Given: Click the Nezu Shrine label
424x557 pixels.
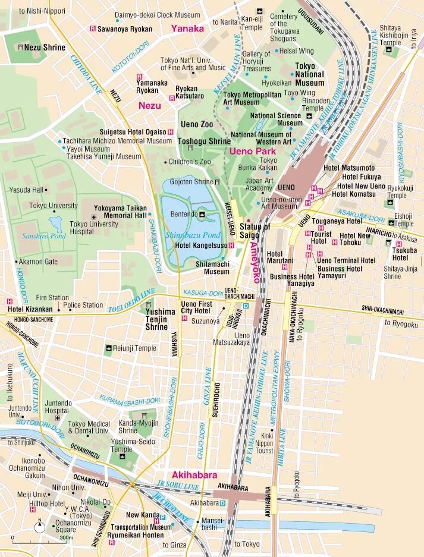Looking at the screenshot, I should (45, 47).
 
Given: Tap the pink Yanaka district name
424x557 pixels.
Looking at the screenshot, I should (187, 28).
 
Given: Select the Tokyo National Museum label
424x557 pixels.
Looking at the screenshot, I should (310, 74).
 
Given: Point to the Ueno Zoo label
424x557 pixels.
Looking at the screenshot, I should (197, 124).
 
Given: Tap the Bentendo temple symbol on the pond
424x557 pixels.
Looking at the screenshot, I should (202, 213).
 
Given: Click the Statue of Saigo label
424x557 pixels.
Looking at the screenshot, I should (255, 231).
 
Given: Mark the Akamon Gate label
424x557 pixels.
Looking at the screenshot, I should (38, 262).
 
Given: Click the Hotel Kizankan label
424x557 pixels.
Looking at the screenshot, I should (30, 309).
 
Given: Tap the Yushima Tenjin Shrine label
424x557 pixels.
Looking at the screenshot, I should (161, 319).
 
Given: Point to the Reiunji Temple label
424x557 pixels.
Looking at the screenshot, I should (134, 348).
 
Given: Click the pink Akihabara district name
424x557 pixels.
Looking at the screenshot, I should (194, 475).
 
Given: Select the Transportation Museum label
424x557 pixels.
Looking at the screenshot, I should (141, 527).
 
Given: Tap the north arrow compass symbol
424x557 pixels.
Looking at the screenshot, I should (40, 525).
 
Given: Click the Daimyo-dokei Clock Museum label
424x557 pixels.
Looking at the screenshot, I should (157, 14).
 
